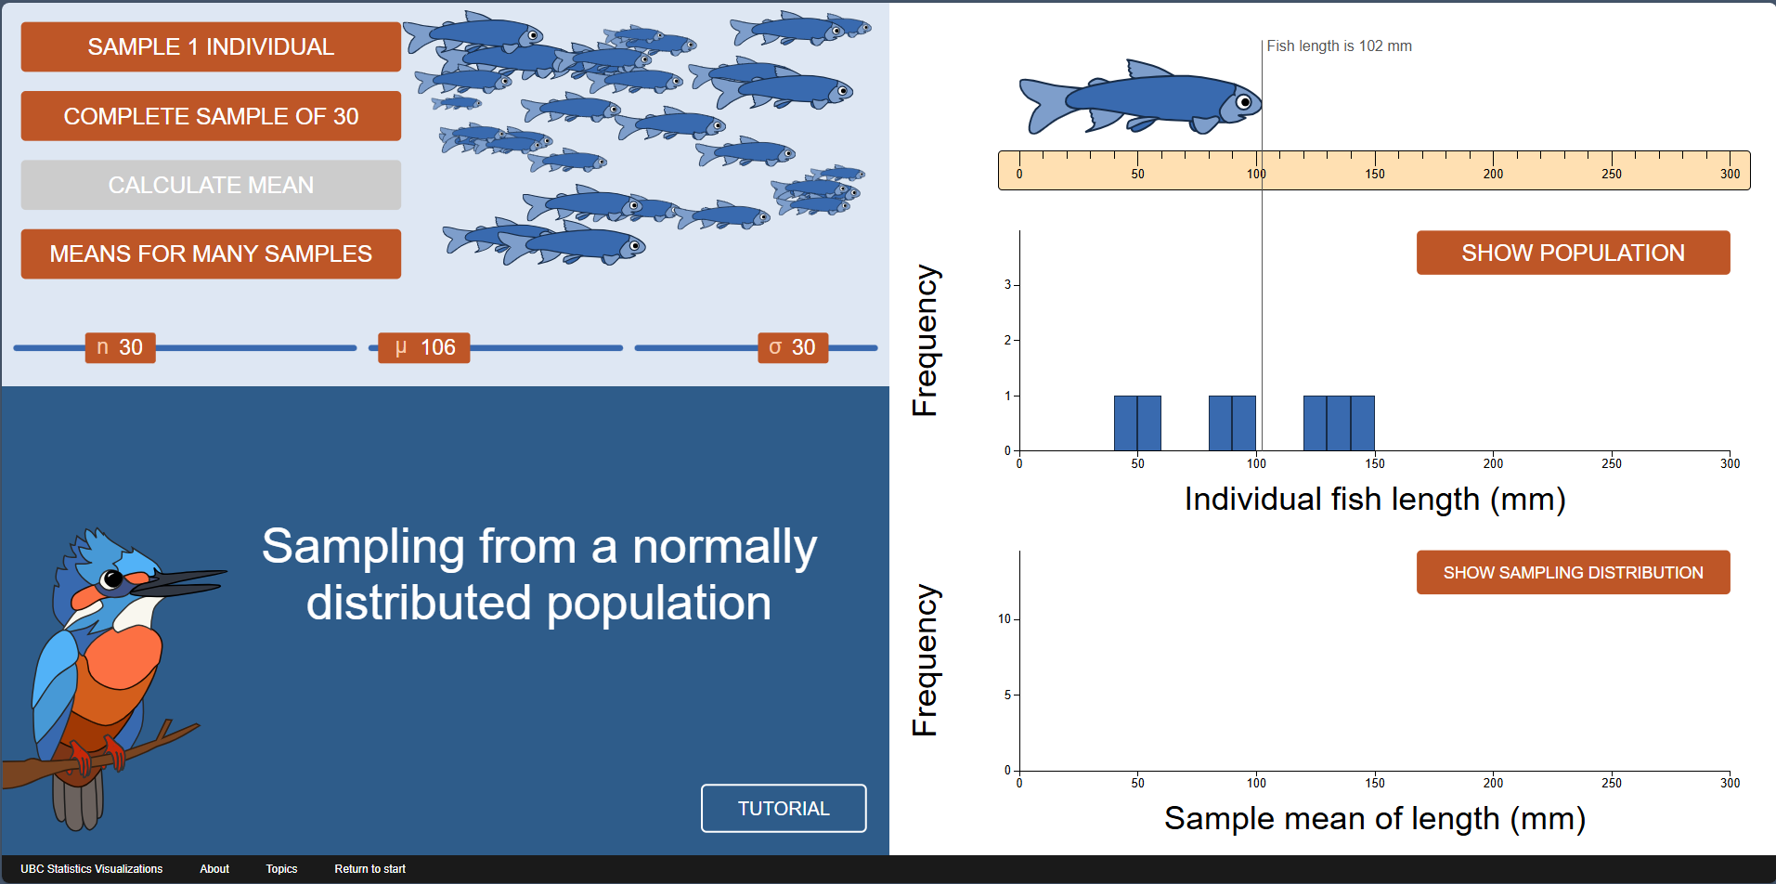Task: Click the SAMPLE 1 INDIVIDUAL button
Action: (x=211, y=46)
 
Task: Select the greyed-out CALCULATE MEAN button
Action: (x=211, y=185)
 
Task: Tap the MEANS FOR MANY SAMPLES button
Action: (x=211, y=253)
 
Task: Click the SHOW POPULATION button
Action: (x=1573, y=253)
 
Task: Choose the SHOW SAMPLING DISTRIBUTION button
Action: (x=1573, y=572)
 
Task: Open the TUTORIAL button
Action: (x=784, y=809)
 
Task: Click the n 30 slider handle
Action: (x=120, y=347)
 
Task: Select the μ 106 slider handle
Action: (x=423, y=347)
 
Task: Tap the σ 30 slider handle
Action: (x=793, y=347)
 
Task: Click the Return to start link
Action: (x=369, y=869)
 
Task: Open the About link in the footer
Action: (x=214, y=869)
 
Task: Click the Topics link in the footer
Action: (x=281, y=869)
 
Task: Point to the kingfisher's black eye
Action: (x=112, y=579)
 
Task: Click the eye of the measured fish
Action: (x=1245, y=101)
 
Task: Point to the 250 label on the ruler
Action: (x=1612, y=174)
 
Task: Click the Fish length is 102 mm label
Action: (x=1339, y=45)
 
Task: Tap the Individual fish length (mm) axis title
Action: (x=1375, y=500)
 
